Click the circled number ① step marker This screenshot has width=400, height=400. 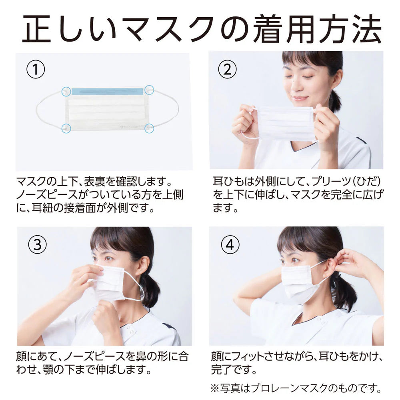click(36, 69)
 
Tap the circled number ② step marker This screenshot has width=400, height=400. click(227, 69)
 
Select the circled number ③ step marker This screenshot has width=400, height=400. click(37, 245)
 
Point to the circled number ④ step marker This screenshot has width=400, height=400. click(230, 245)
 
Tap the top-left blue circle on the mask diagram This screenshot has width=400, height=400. click(66, 91)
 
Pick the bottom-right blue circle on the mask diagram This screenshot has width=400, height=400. click(149, 128)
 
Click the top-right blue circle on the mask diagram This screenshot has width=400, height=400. click(149, 90)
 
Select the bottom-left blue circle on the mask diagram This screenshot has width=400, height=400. click(66, 128)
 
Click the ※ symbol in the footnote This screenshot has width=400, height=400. click(216, 388)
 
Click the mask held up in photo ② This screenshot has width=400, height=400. click(286, 124)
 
